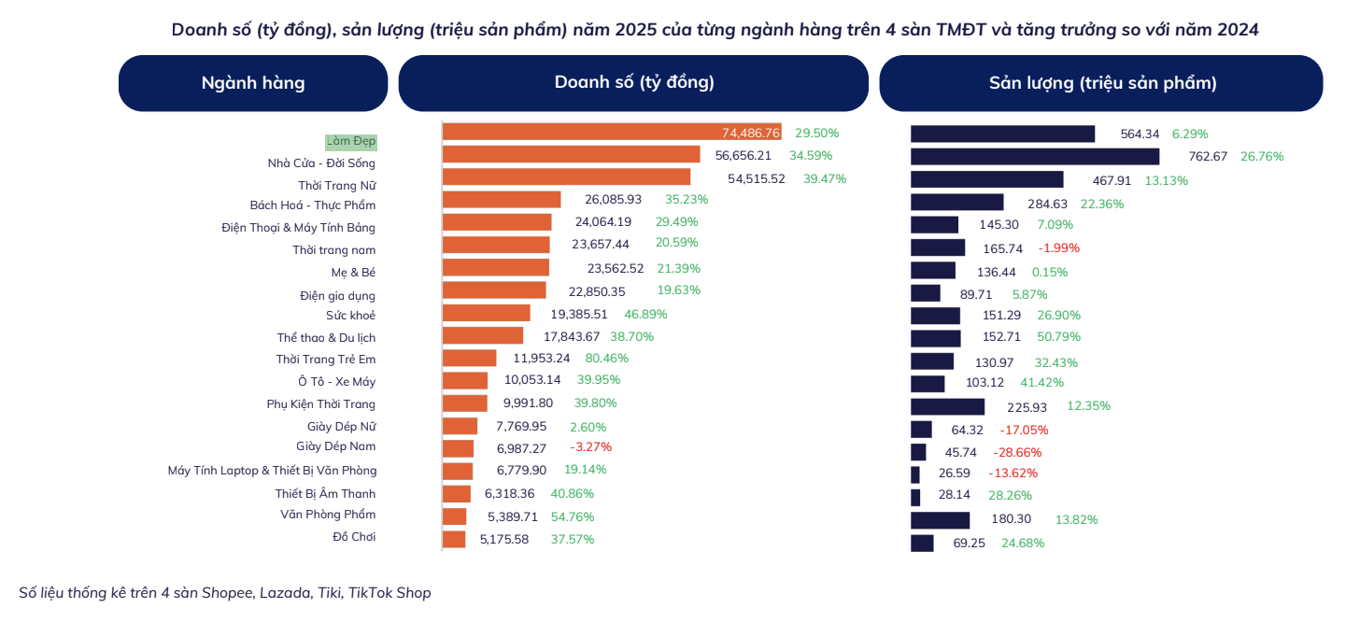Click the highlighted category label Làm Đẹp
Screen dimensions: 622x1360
[x=351, y=142]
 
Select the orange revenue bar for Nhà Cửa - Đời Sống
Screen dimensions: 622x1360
[x=571, y=155]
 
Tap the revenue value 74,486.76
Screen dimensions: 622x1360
[x=750, y=134]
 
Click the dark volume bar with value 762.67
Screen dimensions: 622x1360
[x=1035, y=157]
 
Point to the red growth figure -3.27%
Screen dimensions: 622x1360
[x=590, y=448]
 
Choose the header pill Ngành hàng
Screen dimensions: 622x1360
[x=253, y=83]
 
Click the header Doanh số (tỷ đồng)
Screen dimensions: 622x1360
[x=633, y=83]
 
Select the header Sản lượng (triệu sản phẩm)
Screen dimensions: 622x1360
[x=1101, y=83]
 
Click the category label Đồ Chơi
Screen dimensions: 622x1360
[x=354, y=537]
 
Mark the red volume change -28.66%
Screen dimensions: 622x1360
[x=1019, y=452]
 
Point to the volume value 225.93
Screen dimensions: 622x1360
[x=1027, y=407]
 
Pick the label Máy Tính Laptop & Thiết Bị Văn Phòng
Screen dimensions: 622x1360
[x=272, y=471]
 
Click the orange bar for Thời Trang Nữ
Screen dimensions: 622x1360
[x=566, y=177]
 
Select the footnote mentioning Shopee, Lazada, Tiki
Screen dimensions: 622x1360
[x=225, y=593]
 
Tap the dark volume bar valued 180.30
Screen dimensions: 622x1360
[x=941, y=520]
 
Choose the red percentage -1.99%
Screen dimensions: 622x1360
[x=1058, y=248]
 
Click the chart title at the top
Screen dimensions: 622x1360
[x=715, y=30]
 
